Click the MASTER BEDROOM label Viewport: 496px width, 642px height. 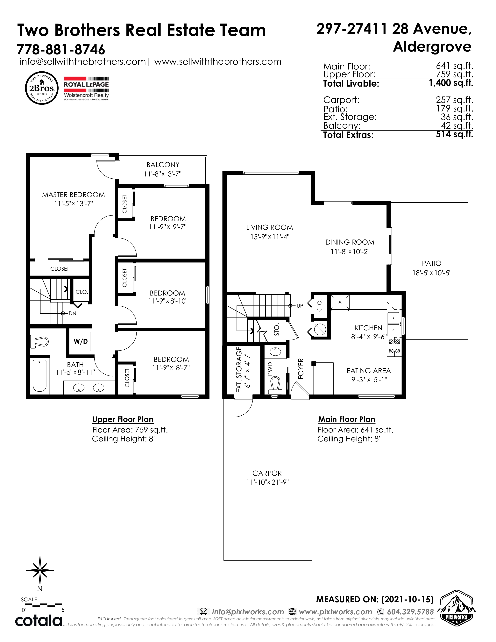[x=74, y=195]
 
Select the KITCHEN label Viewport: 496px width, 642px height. [x=368, y=328]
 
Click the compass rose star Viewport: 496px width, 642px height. [x=40, y=570]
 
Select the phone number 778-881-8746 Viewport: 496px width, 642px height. [x=61, y=49]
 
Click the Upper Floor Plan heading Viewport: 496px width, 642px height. [x=123, y=419]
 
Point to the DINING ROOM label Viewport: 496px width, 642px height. [x=350, y=242]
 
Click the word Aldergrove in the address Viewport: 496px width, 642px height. [x=432, y=46]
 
